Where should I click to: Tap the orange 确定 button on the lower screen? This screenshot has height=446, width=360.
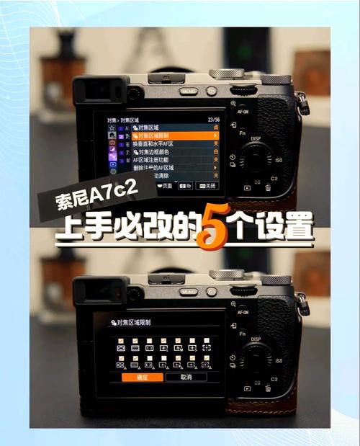click(x=143, y=377)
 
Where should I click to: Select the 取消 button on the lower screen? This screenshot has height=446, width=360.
click(x=186, y=377)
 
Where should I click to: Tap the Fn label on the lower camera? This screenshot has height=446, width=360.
click(x=243, y=336)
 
